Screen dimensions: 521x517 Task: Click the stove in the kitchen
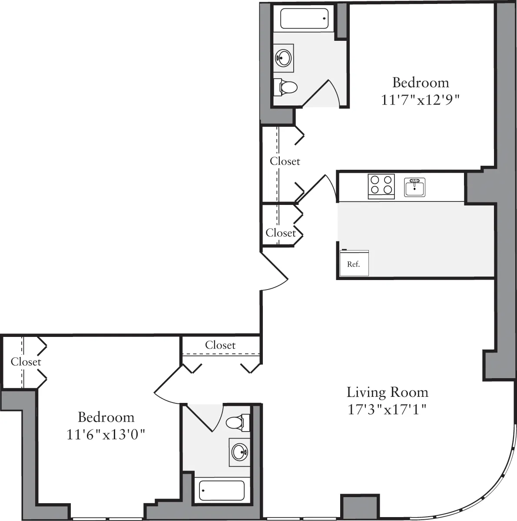tap(381, 186)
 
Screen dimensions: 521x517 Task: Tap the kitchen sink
tap(414, 187)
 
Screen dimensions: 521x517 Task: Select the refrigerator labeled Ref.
tap(354, 263)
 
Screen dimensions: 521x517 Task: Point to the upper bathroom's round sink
tap(284, 58)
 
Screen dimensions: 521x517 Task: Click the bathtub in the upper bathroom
tap(304, 18)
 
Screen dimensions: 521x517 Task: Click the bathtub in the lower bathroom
tap(222, 490)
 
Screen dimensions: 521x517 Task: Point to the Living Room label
tap(387, 392)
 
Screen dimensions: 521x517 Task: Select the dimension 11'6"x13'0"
tap(106, 434)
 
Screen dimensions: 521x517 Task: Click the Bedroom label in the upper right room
tap(420, 82)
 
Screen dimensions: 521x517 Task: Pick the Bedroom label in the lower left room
tap(106, 417)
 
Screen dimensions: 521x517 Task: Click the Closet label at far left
tap(26, 362)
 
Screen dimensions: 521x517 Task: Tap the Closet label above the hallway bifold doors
tap(220, 345)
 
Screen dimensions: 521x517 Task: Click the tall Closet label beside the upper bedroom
tap(285, 161)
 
